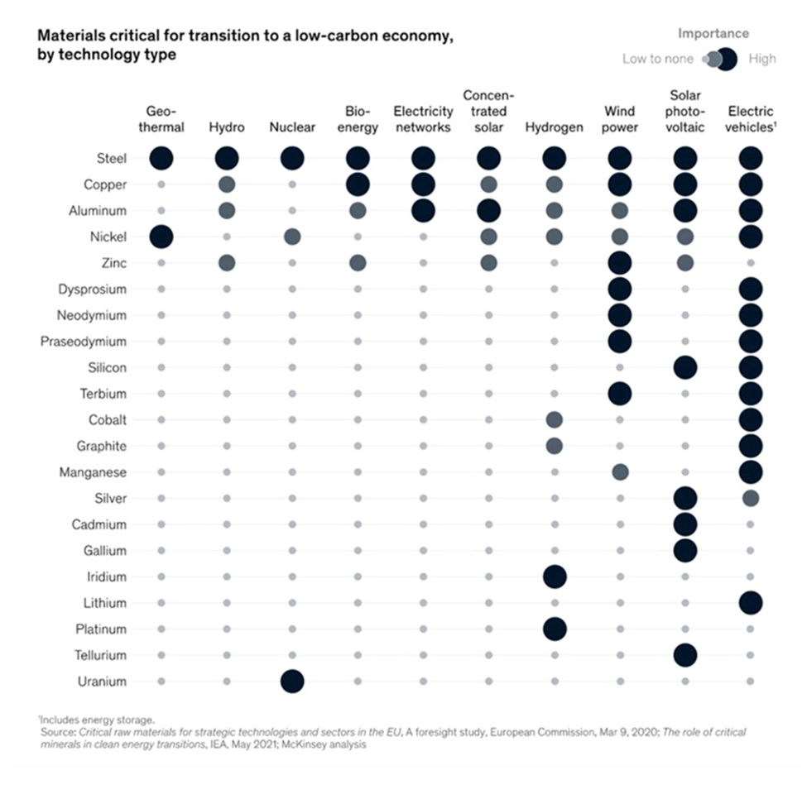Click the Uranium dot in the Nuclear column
point(292,682)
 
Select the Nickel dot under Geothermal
point(161,237)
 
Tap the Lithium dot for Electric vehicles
point(750,603)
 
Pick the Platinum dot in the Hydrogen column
point(554,629)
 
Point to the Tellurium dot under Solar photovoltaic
point(685,655)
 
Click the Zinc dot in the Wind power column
point(619,263)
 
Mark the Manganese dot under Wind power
point(619,472)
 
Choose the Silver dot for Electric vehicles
point(750,498)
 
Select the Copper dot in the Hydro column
point(226,184)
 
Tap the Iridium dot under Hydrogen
point(554,577)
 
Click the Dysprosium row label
point(92,289)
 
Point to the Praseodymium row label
point(84,342)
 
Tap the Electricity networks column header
point(423,119)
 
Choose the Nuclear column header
point(292,127)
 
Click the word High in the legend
point(762,59)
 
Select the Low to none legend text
point(658,59)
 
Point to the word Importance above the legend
point(713,34)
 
